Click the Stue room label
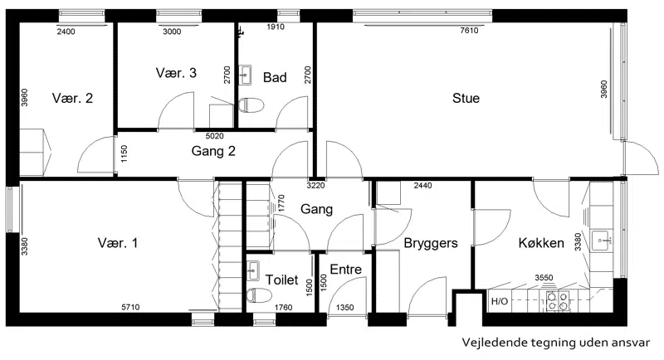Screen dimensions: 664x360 pos(466,98)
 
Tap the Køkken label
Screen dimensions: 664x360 pos(541,243)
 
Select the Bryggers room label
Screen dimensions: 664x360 pos(431,243)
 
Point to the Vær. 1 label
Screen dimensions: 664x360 pos(118,243)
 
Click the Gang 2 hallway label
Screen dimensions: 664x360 pos(213,151)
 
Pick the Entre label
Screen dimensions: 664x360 pos(345,270)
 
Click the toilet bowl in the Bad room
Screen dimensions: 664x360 pos(251,105)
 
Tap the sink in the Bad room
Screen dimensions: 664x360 pos(245,75)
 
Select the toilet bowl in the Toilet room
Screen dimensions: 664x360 pos(259,295)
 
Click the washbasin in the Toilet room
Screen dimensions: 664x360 pos(253,270)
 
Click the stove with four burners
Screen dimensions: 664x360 pos(558,301)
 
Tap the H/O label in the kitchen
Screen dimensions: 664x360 pos(500,302)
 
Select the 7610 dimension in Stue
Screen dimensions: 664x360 pos(469,31)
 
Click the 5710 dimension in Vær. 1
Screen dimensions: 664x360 pos(130,307)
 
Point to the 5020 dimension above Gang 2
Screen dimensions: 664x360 pos(214,136)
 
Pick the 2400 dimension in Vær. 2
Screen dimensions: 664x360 pos(66,32)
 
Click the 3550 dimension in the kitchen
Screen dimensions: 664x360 pos(544,278)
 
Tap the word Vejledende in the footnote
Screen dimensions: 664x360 pos(488,343)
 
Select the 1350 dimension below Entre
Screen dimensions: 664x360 pos(344,308)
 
